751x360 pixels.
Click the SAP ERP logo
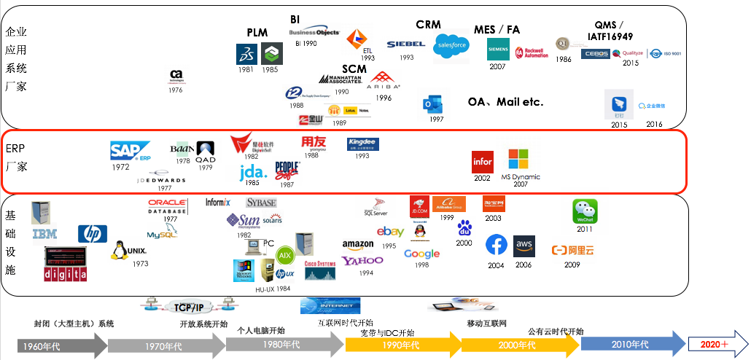(x=130, y=151)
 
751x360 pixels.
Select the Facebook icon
(x=497, y=245)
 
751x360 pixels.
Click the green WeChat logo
(x=585, y=211)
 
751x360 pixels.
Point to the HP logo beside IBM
(x=93, y=233)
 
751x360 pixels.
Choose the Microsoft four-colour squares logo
(x=518, y=159)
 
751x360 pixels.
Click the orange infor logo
(x=483, y=161)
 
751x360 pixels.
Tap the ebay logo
(x=391, y=232)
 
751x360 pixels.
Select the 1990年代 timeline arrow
(x=400, y=344)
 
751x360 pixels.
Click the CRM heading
(x=428, y=25)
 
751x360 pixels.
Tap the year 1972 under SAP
(x=120, y=167)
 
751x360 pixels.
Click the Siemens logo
(x=498, y=49)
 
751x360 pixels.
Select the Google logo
(x=421, y=254)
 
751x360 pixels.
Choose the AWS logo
(x=524, y=246)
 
